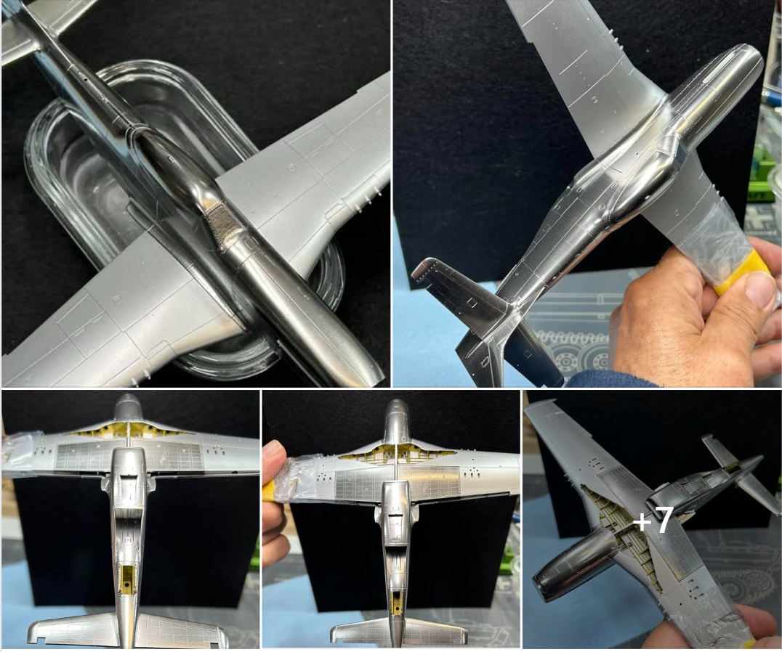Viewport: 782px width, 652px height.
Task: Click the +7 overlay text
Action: (654, 520)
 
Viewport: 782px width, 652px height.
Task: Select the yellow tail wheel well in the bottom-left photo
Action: (128, 580)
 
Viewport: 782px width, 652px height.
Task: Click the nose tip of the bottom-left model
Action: (128, 396)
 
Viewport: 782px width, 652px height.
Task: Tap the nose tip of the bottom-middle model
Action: (398, 402)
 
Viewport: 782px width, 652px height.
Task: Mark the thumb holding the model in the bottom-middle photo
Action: (273, 456)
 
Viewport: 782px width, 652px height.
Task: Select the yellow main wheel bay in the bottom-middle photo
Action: (397, 453)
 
